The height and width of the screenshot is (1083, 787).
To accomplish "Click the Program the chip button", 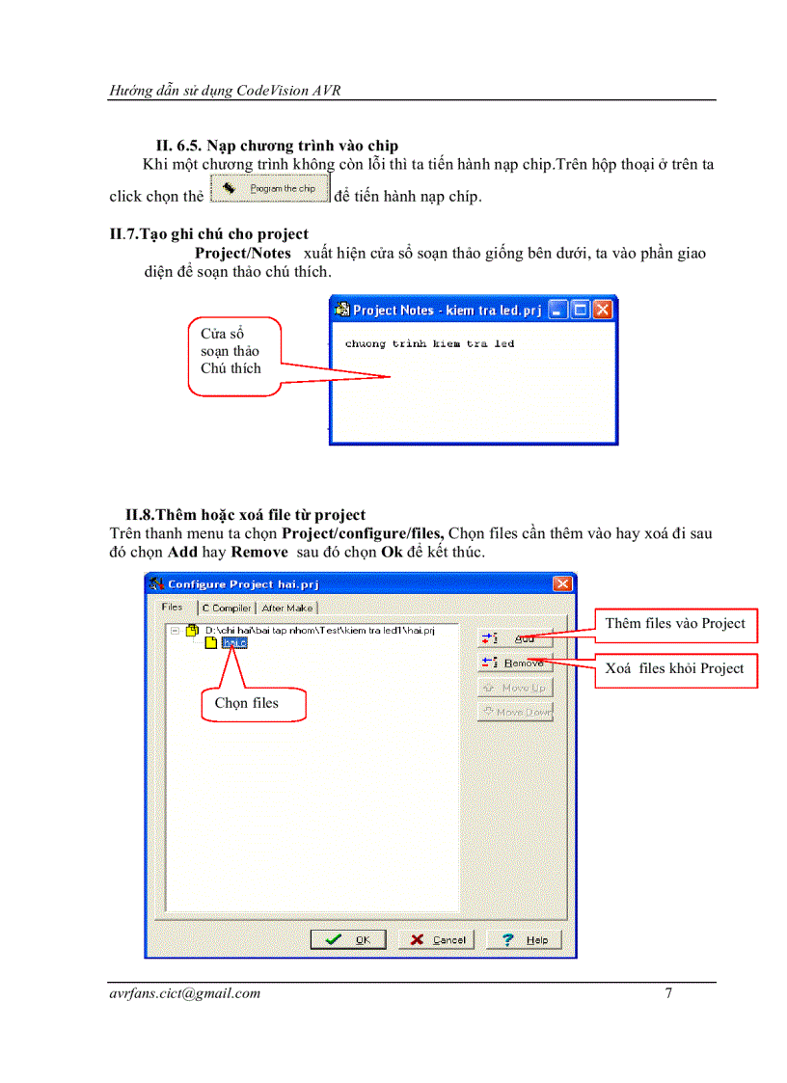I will tap(270, 189).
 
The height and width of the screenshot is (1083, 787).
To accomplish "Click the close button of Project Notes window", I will tap(603, 310).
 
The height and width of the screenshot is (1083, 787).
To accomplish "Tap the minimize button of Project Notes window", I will tap(558, 310).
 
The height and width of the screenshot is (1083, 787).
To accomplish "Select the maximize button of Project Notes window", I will tap(581, 310).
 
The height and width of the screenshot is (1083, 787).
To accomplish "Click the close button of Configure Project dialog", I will tap(562, 583).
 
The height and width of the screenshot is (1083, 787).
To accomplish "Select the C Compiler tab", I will tap(227, 608).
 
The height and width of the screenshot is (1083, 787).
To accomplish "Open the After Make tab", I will tap(286, 608).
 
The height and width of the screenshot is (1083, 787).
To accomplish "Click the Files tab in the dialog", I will tap(173, 608).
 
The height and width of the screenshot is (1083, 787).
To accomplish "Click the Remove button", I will tap(515, 663).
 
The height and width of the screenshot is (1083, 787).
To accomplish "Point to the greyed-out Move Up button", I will tap(515, 688).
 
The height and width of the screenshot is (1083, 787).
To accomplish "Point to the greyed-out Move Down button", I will tap(515, 712).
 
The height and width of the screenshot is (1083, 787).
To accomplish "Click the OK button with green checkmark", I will tap(348, 939).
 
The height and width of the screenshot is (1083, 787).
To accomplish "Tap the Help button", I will tap(524, 939).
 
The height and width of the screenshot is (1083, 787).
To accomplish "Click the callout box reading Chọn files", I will tap(247, 703).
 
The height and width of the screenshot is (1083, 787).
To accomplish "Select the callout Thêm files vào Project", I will tap(675, 624).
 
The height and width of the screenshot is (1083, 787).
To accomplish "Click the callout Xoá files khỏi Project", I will tap(675, 668).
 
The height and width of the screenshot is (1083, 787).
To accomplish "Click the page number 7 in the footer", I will tap(668, 993).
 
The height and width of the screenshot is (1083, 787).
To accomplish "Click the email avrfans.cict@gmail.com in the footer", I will tap(185, 993).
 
